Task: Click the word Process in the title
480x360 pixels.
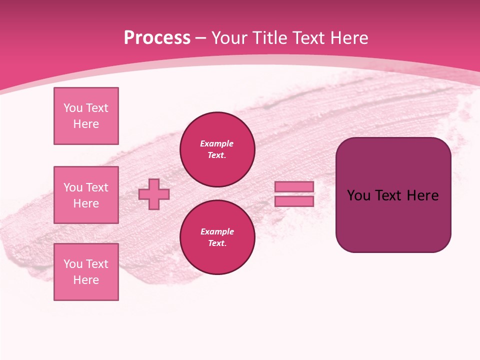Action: pyautogui.click(x=157, y=38)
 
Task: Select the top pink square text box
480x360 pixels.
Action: pyautogui.click(x=86, y=116)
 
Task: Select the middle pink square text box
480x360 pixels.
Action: pyautogui.click(x=86, y=195)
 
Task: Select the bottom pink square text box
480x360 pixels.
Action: pyautogui.click(x=86, y=271)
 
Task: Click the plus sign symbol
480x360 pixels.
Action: pyautogui.click(x=154, y=194)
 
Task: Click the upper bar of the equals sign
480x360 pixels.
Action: pyautogui.click(x=294, y=186)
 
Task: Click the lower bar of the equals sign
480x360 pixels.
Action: pyautogui.click(x=294, y=201)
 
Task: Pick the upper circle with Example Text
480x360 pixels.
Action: pyautogui.click(x=217, y=149)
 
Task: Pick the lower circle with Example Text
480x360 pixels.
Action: pyautogui.click(x=217, y=237)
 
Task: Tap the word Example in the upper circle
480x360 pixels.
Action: pyautogui.click(x=217, y=143)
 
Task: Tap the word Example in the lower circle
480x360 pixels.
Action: pyautogui.click(x=217, y=231)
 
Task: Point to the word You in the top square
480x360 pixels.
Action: pyautogui.click(x=72, y=108)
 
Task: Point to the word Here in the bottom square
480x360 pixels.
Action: pyautogui.click(x=86, y=280)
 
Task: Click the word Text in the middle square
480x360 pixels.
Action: pyautogui.click(x=97, y=187)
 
